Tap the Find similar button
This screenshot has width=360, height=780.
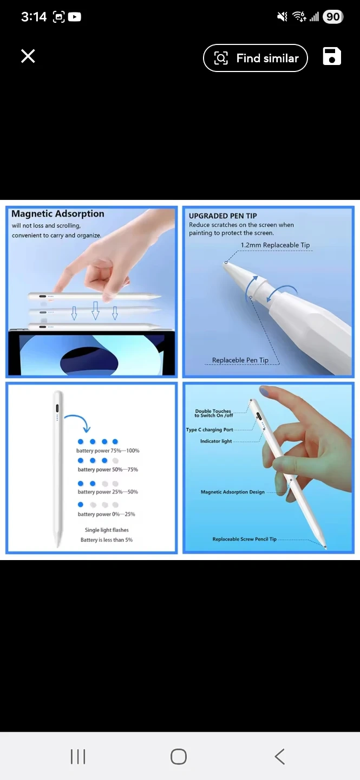tap(255, 58)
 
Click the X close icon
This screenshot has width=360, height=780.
tap(28, 56)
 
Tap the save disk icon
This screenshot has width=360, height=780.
tap(332, 56)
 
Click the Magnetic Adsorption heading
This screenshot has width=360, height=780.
tap(58, 214)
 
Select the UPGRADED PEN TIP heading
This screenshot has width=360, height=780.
tap(223, 216)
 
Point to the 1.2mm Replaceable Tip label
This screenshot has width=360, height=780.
tap(275, 245)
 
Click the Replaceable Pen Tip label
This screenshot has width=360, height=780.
tap(240, 360)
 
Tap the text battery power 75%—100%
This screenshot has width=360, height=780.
tap(108, 451)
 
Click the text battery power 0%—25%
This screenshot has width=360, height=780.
tap(106, 514)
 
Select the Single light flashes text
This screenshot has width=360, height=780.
tap(107, 530)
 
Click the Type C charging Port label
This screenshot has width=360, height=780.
tap(210, 430)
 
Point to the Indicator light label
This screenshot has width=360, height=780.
tap(216, 441)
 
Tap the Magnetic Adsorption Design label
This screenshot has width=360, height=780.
tap(233, 492)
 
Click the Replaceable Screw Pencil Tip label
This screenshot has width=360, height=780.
tap(244, 539)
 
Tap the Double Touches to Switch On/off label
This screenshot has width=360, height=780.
tap(213, 413)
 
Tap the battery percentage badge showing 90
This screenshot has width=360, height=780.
tap(333, 17)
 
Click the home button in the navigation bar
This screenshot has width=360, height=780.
tap(179, 756)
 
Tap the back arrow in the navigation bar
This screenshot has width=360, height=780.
tap(279, 756)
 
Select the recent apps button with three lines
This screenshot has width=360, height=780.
tap(78, 756)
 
